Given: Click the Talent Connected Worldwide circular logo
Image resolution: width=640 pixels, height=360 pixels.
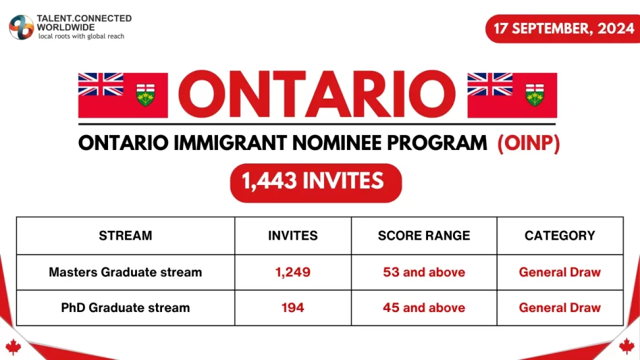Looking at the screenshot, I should (21, 27).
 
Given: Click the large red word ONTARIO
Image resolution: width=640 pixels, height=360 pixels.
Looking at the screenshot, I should (317, 94).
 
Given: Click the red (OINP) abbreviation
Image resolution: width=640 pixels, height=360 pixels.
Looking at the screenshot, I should (529, 143).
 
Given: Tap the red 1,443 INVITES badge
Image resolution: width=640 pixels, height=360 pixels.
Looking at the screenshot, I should (316, 182).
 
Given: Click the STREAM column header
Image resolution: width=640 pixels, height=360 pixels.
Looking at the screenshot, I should (126, 236).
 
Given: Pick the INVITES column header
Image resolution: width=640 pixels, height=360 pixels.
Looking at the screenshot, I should (293, 236).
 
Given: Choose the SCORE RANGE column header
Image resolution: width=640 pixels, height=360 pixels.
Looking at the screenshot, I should (424, 236).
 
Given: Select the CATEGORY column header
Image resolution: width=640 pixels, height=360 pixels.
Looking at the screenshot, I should (560, 236).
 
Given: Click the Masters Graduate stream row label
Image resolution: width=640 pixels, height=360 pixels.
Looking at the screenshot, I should (126, 273).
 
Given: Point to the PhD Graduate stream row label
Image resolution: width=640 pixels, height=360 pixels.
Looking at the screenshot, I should (126, 308).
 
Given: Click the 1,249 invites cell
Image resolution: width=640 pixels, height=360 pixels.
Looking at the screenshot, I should (293, 273).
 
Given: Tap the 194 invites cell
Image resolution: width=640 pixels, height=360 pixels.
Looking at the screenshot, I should (293, 308).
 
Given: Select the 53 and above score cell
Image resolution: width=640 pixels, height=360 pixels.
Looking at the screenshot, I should (424, 273).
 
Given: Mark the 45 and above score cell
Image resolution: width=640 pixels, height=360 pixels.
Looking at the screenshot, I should (424, 308).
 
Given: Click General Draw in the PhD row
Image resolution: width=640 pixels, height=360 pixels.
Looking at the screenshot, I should (560, 308).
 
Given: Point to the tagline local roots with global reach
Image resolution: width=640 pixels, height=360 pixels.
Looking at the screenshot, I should (81, 36).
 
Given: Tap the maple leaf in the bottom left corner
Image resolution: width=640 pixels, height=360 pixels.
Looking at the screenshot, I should (13, 346).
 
